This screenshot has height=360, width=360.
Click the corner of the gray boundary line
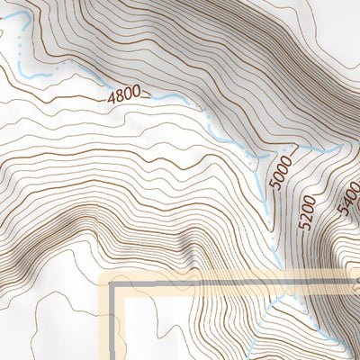coord(114,286)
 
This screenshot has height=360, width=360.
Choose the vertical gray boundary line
coord(114,324)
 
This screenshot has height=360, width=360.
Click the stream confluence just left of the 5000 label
coord(262,155)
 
